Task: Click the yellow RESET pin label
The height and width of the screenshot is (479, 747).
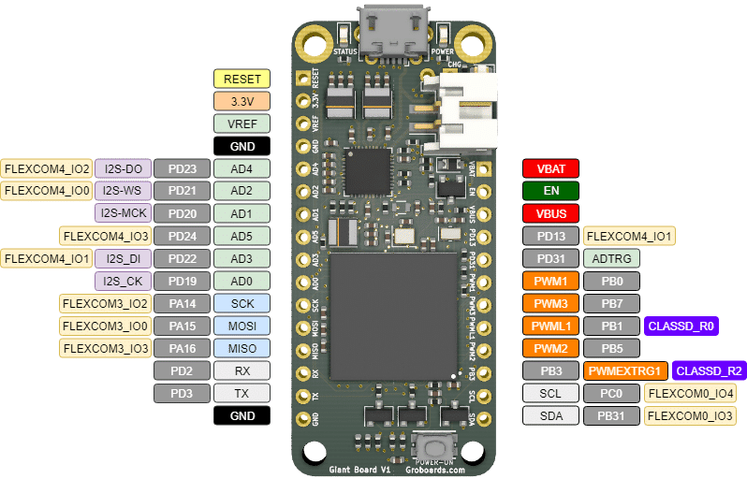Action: point(242,79)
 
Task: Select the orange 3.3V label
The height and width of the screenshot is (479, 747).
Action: point(242,101)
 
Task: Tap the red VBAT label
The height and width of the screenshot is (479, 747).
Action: point(550,168)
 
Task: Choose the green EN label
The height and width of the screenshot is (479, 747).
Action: point(550,191)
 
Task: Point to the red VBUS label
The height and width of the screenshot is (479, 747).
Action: point(550,213)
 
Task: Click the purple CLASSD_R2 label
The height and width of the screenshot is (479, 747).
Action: point(709,370)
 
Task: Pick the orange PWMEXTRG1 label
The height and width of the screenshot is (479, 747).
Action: point(624,370)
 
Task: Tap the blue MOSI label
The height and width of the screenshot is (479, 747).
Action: point(242,326)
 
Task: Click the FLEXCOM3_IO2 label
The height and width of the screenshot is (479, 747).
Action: point(104,303)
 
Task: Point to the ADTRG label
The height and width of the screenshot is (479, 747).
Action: point(611,258)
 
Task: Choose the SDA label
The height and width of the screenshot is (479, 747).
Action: point(550,415)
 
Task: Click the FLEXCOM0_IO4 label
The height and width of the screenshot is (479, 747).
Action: point(690,393)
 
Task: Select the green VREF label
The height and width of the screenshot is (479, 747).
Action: point(242,123)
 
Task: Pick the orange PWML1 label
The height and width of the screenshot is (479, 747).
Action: point(550,326)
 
